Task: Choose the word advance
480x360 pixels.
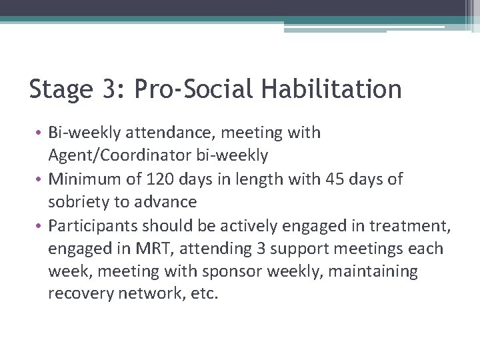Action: [x=171, y=202]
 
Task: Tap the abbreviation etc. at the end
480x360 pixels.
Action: [x=203, y=295]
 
